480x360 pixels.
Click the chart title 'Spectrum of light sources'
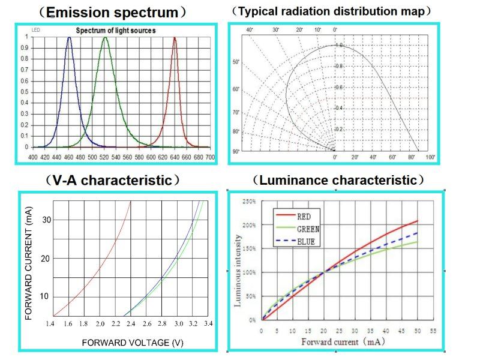click(x=116, y=31)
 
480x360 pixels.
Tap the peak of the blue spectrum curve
click(x=69, y=38)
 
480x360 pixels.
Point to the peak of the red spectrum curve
click(x=175, y=38)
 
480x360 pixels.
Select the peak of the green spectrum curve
click(x=105, y=38)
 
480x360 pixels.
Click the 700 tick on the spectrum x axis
click(x=210, y=157)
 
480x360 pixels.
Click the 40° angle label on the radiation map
click(x=250, y=29)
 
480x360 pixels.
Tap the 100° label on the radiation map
click(x=430, y=157)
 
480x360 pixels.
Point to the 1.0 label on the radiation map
click(x=339, y=45)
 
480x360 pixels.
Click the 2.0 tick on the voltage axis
click(x=100, y=324)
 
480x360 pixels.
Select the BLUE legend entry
click(x=306, y=241)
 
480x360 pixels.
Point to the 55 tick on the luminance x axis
click(x=432, y=330)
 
